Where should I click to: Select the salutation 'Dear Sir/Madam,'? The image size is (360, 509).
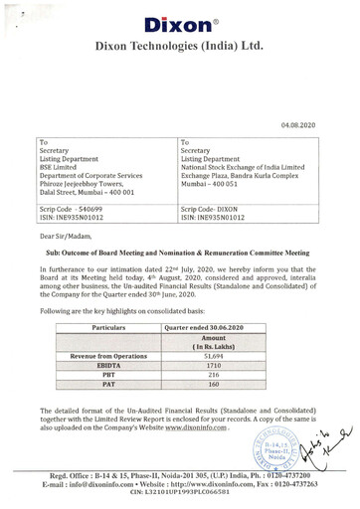click(x=66, y=236)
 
